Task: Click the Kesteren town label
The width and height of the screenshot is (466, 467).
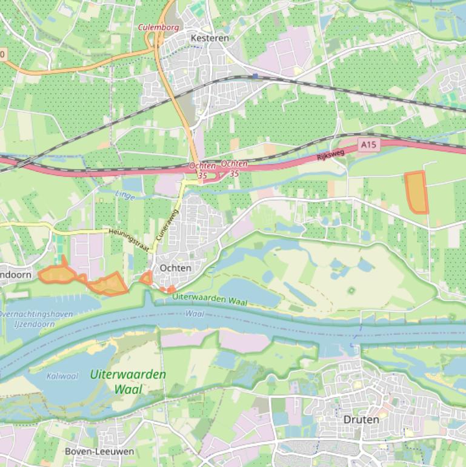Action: [x=210, y=38]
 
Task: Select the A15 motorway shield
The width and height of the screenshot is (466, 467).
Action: [x=368, y=145]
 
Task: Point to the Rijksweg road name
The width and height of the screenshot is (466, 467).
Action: [x=330, y=155]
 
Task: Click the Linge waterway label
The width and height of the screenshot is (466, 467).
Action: [x=125, y=195]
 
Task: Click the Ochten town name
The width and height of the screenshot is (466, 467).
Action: [x=175, y=267]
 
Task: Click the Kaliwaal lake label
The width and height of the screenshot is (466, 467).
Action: [x=62, y=376]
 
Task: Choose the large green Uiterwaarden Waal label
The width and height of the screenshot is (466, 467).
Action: [x=128, y=381]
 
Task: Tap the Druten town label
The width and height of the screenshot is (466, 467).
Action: [x=361, y=419]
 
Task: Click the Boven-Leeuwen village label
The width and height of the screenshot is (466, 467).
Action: [x=99, y=451]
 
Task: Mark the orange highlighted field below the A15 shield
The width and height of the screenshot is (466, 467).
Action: [x=416, y=192]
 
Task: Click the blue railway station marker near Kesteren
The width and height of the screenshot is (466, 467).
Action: [x=256, y=76]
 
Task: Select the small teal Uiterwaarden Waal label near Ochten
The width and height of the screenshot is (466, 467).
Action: [x=210, y=299]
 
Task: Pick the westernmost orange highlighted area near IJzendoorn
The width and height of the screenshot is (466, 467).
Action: [x=59, y=274]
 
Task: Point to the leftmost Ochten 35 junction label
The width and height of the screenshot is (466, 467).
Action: [x=202, y=170]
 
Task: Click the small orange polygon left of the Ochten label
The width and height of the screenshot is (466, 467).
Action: [x=146, y=278]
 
